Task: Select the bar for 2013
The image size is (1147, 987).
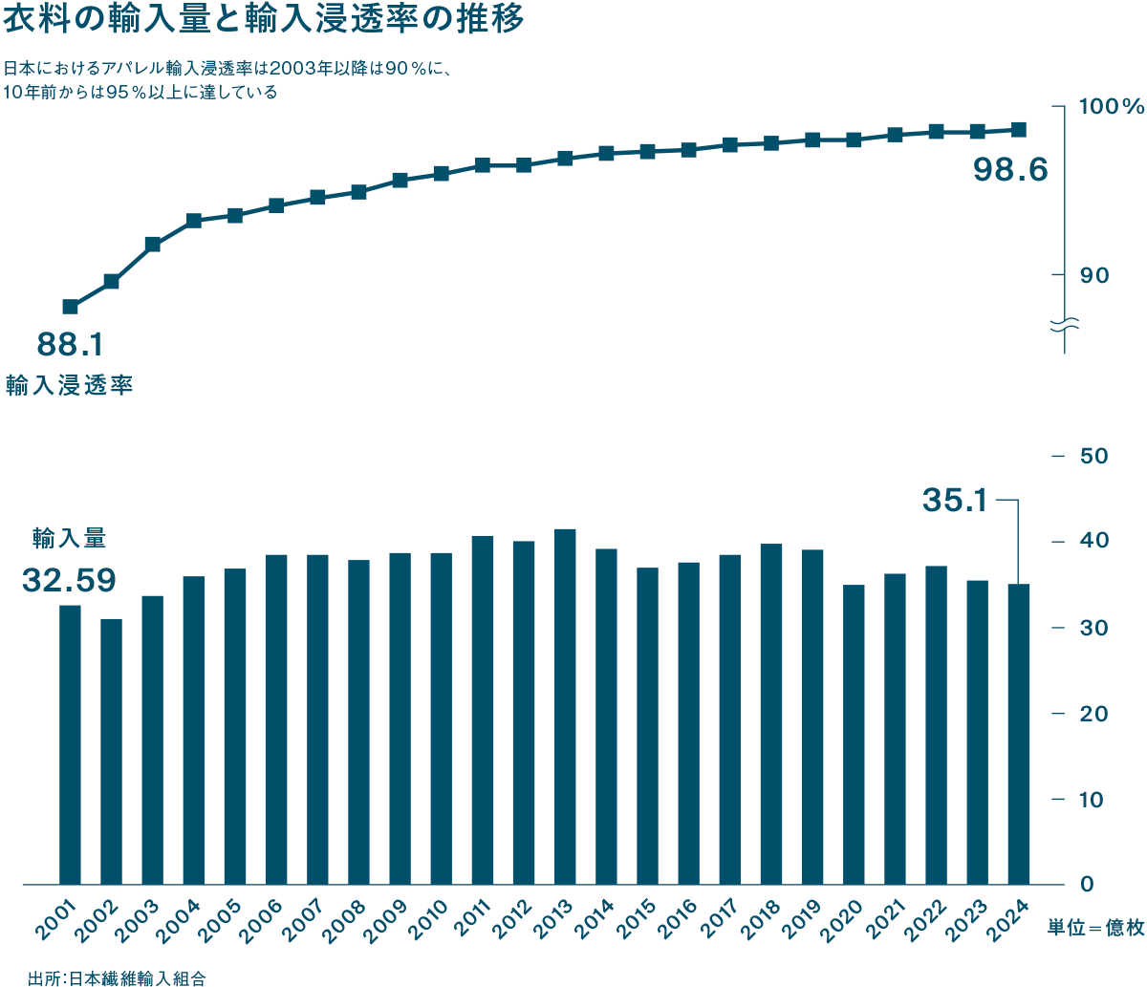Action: pos(565,707)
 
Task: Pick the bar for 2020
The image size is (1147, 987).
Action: pos(854,735)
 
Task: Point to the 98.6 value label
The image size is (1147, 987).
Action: pos(1010,170)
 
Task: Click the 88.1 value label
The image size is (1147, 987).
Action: pos(70,343)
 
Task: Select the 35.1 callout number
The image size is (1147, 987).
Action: pos(955,500)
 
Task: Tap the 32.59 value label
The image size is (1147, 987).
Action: pos(69,580)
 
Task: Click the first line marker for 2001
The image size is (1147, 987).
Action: pos(71,307)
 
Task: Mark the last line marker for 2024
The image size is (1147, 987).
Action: pos(1019,130)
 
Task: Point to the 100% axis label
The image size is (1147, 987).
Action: pos(1111,107)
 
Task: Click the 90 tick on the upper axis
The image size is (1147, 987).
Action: pos(1094,275)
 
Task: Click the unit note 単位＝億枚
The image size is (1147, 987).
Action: pos(1095,929)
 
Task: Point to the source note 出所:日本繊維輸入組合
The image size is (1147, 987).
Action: pos(117,977)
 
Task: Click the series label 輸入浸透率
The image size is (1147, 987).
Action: pos(69,386)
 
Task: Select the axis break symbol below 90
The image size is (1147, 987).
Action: pos(1065,325)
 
